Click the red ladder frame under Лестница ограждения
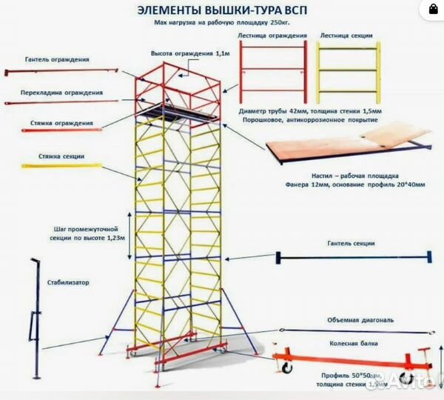click(x=273, y=65)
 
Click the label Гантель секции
click(x=351, y=243)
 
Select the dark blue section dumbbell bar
click(x=353, y=257)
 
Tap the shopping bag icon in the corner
click(x=428, y=10)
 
